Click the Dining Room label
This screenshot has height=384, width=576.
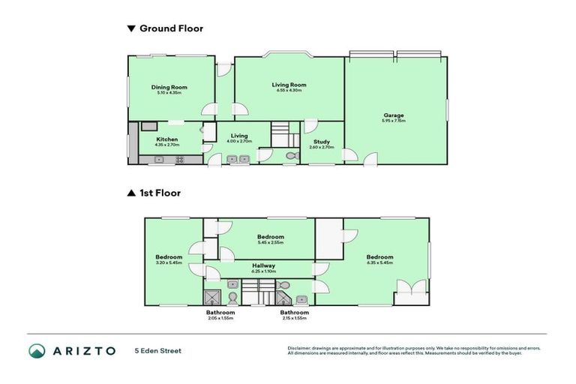pos(169,87)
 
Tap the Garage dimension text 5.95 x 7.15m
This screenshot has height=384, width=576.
pos(393,121)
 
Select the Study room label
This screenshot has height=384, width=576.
pos(321,141)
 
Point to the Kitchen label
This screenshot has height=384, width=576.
pos(167,139)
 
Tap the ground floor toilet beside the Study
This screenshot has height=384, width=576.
pos(292,156)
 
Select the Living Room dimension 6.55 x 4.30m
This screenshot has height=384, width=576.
pos(289,91)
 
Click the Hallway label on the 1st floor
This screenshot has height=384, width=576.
pos(263,265)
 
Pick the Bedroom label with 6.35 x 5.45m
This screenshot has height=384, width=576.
pos(379,257)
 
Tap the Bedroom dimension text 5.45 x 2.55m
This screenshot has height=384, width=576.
pos(271,242)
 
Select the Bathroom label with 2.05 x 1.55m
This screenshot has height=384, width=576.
pos(220,312)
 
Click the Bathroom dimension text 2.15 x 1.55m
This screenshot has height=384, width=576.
pos(294,318)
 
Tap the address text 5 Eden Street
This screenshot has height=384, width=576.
pos(157,350)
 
